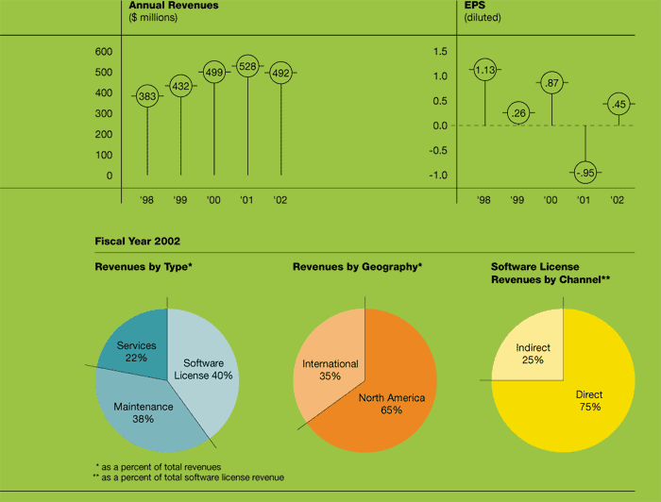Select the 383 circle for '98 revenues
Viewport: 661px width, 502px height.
(147, 96)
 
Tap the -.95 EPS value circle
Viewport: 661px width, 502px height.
(585, 172)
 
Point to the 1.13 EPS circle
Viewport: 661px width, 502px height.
(484, 69)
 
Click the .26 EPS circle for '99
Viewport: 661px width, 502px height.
(517, 113)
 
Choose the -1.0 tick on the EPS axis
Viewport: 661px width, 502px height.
(440, 175)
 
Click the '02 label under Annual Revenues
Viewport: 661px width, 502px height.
(280, 200)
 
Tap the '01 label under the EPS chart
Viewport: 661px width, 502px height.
(585, 200)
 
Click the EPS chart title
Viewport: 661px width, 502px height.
(475, 6)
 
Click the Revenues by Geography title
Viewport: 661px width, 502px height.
(357, 267)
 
